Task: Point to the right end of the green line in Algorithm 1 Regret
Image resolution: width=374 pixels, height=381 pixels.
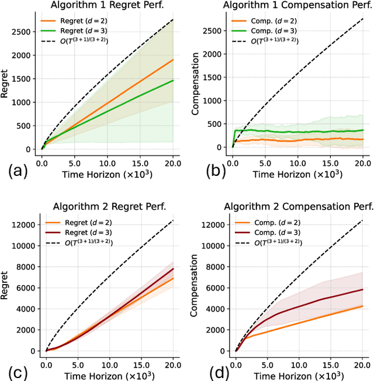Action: [172, 81]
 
